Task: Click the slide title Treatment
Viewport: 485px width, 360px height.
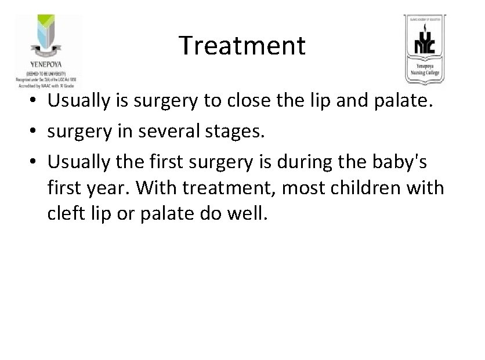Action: click(241, 45)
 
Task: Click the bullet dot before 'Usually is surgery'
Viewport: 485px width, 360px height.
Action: click(37, 101)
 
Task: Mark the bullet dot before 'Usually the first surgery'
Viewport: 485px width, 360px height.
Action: click(37, 164)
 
